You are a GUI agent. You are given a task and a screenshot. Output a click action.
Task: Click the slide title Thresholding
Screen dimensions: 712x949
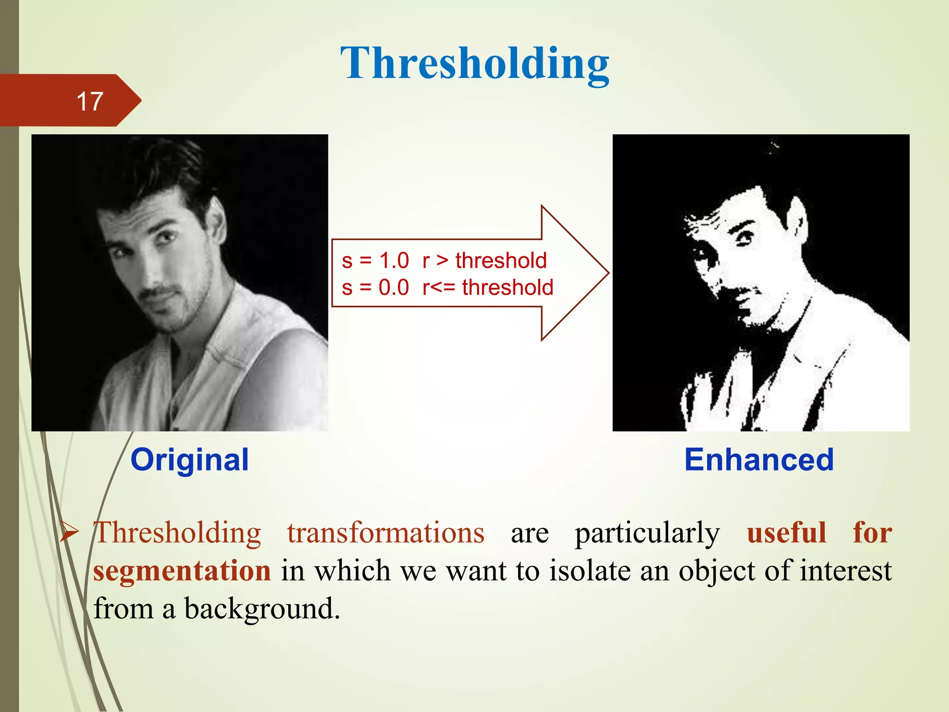[474, 64]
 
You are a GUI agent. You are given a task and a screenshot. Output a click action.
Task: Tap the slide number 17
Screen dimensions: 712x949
[89, 101]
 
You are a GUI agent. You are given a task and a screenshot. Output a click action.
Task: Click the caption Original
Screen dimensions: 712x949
[190, 460]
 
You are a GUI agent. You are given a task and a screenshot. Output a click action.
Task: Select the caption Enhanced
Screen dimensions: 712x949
[759, 460]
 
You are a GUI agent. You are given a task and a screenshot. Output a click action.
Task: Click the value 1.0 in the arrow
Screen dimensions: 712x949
[394, 261]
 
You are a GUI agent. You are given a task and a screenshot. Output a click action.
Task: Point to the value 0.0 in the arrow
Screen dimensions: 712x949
[394, 288]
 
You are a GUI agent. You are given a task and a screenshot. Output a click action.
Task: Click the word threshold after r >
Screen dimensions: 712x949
[501, 261]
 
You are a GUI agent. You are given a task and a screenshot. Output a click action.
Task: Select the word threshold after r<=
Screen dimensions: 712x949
[507, 288]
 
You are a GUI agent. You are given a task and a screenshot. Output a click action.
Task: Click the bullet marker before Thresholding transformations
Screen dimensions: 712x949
[69, 534]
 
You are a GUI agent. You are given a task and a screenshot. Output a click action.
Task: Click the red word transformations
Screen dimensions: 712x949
[386, 533]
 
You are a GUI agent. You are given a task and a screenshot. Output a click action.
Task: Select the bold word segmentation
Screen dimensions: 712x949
[182, 571]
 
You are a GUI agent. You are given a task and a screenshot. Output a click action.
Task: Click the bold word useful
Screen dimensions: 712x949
[787, 533]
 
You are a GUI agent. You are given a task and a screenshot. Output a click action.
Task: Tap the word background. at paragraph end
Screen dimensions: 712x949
[262, 609]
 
